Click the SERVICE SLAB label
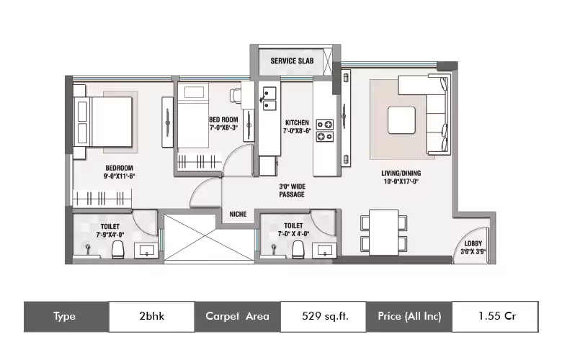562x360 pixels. pyautogui.click(x=292, y=61)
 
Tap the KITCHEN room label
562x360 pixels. pyautogui.click(x=297, y=122)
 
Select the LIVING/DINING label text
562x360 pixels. pyautogui.click(x=401, y=174)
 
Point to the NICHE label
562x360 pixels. pyautogui.click(x=238, y=215)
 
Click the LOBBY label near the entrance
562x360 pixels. pyautogui.click(x=473, y=243)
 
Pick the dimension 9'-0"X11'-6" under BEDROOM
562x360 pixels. pyautogui.click(x=120, y=176)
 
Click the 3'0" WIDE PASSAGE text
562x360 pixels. pyautogui.click(x=292, y=191)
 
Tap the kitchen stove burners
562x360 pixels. pyautogui.click(x=325, y=130)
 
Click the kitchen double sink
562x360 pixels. pyautogui.click(x=269, y=99)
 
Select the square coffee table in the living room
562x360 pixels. pyautogui.click(x=402, y=120)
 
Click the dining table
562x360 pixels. pyautogui.click(x=384, y=233)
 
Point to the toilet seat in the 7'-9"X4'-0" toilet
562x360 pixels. pyautogui.click(x=117, y=249)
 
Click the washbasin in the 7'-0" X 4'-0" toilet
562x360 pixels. pyautogui.click(x=324, y=251)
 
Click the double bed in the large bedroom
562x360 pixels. pyautogui.click(x=103, y=122)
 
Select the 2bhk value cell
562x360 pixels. pyautogui.click(x=151, y=317)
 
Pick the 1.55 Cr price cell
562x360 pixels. pyautogui.click(x=495, y=317)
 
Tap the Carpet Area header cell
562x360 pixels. pyautogui.click(x=238, y=317)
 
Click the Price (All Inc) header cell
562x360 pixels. pyautogui.click(x=409, y=317)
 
